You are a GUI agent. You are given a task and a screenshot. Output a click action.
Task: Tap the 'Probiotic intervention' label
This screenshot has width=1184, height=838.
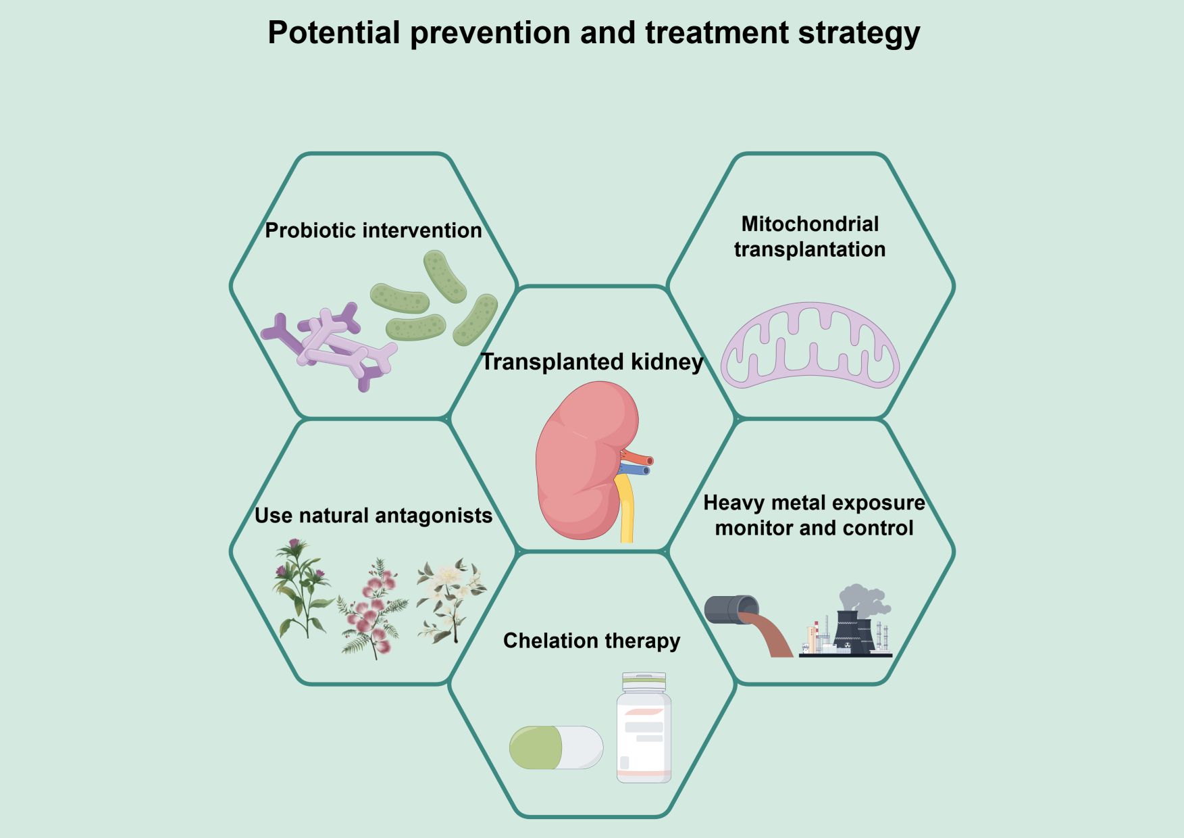(x=373, y=230)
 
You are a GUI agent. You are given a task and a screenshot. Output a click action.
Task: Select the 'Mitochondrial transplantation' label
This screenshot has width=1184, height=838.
(x=809, y=237)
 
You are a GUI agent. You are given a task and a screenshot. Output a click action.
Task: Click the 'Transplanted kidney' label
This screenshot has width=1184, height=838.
(x=592, y=362)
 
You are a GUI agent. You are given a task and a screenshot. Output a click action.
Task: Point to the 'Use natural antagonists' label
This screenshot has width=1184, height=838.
(x=373, y=516)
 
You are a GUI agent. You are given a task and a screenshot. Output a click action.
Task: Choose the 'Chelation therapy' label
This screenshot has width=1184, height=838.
(x=592, y=641)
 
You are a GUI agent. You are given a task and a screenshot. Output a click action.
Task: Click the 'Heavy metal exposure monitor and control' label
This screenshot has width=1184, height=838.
(x=814, y=515)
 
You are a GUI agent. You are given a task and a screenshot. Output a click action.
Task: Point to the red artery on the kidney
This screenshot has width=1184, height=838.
(x=638, y=458)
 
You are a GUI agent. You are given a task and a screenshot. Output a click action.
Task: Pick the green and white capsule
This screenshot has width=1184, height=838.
(x=556, y=747)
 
